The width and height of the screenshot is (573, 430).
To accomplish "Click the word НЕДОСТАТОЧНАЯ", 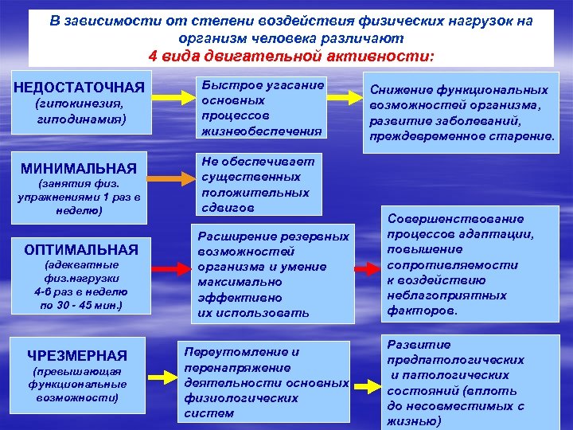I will pyautogui.click(x=80, y=85).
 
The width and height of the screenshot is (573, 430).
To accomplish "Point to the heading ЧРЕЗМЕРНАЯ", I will pyautogui.click(x=77, y=355).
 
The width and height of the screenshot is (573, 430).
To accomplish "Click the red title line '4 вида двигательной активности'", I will pyautogui.click(x=291, y=56).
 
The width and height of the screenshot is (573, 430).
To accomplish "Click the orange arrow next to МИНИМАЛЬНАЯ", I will pyautogui.click(x=171, y=180).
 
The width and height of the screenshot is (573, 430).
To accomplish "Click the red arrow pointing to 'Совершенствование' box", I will pyautogui.click(x=368, y=270).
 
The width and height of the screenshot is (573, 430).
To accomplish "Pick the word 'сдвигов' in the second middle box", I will pyautogui.click(x=228, y=207).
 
